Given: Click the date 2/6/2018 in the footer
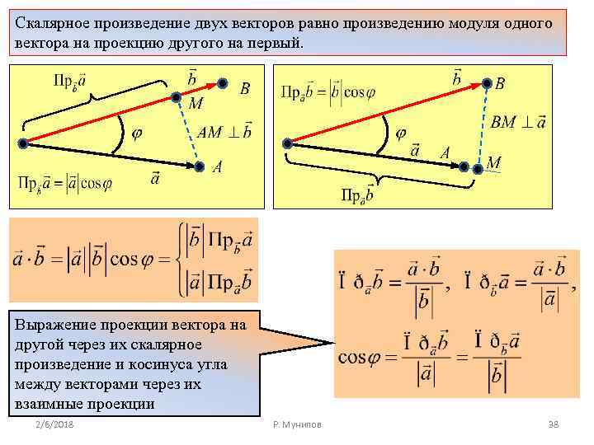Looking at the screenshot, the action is coord(54,424).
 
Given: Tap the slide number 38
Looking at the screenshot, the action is coord(554,424).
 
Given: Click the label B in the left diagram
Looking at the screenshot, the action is coord(244,87).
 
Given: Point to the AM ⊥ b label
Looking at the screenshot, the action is coord(224,133).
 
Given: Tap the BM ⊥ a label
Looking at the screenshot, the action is coord(518,123).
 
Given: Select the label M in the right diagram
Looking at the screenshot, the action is coord(493,162).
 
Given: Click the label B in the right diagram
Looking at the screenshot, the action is coord(500,84).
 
